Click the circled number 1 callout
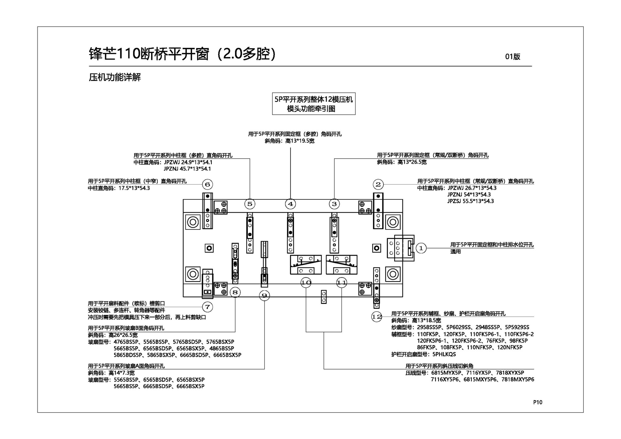tap(421, 248)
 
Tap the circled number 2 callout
tap(378, 185)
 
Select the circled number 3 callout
tap(334, 204)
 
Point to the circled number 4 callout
tap(290, 204)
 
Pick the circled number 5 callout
tap(250, 204)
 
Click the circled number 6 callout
tap(207, 185)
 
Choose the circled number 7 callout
tap(207, 307)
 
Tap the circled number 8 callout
tap(235, 293)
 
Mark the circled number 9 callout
tap(265, 295)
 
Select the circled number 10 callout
tap(306, 283)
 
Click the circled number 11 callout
tap(342, 283)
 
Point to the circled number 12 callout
tap(377, 317)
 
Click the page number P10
tap(538, 402)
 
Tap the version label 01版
tap(513, 57)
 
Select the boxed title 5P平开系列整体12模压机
tap(313, 100)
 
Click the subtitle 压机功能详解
tap(115, 78)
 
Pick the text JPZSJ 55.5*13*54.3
tap(470, 201)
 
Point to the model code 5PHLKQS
tap(444, 354)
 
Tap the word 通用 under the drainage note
tap(455, 252)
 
